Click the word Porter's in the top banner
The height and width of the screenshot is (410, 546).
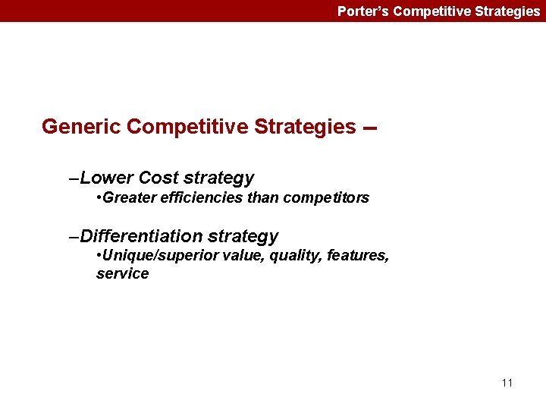[x=363, y=11]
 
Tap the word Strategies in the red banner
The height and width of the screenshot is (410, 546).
[x=506, y=11]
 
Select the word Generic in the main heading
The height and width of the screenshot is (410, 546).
[x=82, y=127]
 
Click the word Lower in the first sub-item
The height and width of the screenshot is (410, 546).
[x=107, y=178]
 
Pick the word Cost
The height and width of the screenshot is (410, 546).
[x=158, y=178]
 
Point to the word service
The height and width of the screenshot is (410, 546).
[x=122, y=274]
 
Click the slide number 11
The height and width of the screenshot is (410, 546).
[x=507, y=383]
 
